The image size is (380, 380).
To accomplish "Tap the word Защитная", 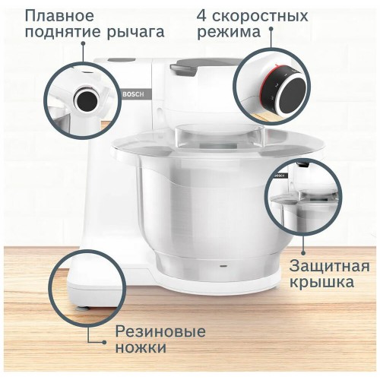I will (x=329, y=267).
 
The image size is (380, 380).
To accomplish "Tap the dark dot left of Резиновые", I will (x=92, y=343).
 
